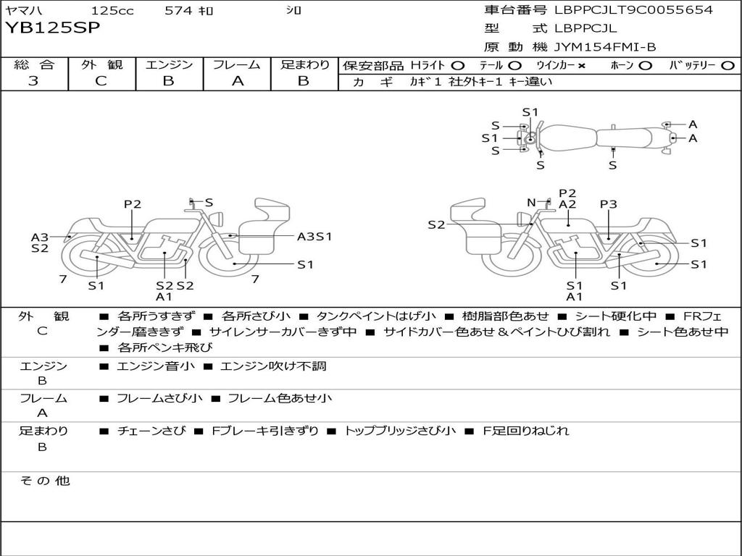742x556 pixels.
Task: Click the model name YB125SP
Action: (x=52, y=28)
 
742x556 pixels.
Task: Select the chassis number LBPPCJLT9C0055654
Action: (x=633, y=10)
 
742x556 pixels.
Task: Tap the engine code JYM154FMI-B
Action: (x=605, y=48)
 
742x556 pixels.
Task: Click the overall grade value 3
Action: (x=33, y=81)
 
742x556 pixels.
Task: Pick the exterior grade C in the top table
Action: (x=101, y=81)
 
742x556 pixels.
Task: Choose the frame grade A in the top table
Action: (x=238, y=81)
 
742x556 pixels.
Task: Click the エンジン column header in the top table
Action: (x=170, y=64)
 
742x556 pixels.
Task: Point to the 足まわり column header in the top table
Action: (x=305, y=64)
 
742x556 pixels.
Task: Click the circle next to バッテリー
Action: (x=728, y=65)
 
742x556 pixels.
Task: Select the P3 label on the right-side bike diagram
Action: (x=609, y=204)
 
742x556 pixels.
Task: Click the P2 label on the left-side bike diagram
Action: (x=132, y=204)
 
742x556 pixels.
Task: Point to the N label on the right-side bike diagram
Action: (x=531, y=203)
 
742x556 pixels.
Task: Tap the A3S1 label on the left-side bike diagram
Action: (x=314, y=236)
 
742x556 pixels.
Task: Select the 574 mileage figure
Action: (x=179, y=11)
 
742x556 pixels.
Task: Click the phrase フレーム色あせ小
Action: (x=280, y=398)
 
